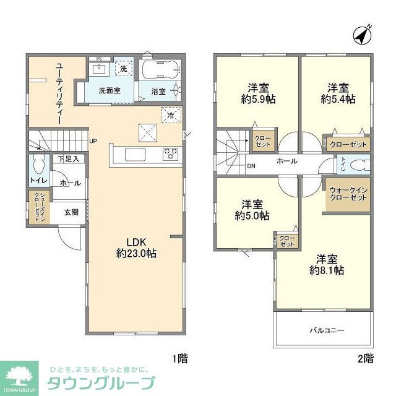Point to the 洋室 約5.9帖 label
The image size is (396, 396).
pyautogui.click(x=254, y=93)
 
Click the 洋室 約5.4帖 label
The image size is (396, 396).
pyautogui.click(x=337, y=93)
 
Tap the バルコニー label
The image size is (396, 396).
pyautogui.click(x=327, y=330)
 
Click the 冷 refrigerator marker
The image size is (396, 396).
pyautogui.click(x=170, y=114)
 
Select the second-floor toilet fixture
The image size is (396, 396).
pyautogui.click(x=359, y=165)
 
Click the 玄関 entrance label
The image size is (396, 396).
pyautogui.click(x=71, y=212)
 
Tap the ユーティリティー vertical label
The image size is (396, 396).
pyautogui.click(x=59, y=93)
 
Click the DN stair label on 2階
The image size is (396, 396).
pyautogui.click(x=251, y=166)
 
